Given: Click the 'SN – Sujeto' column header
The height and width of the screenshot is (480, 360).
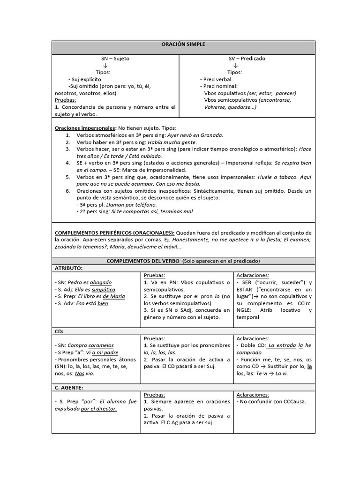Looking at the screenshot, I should pos(115,59).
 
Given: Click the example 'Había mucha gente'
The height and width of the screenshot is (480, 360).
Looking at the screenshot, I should pos(172,142).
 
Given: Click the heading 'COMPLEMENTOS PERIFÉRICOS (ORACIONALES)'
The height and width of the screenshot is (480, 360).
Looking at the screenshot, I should pos(115,233).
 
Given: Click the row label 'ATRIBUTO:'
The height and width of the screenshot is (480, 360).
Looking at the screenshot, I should pos(69,268).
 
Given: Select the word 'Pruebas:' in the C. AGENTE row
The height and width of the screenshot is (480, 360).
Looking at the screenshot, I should pos(154,395).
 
